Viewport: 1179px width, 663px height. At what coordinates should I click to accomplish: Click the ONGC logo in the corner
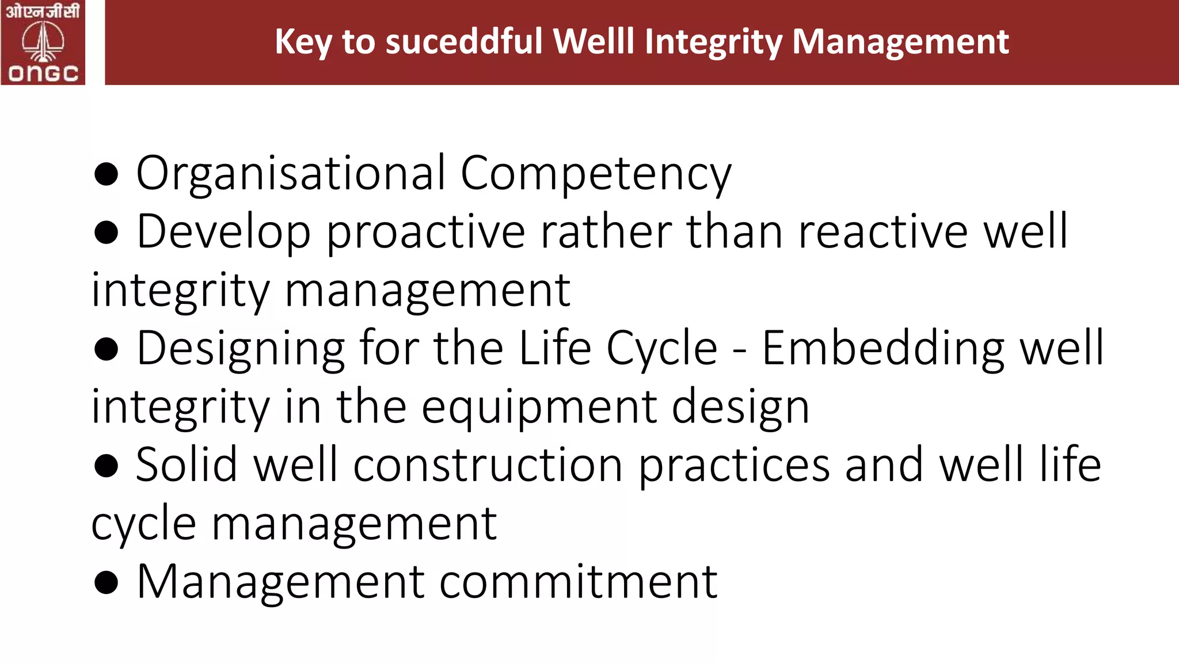click(x=43, y=43)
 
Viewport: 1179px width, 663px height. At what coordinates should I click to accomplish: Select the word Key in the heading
click(x=302, y=43)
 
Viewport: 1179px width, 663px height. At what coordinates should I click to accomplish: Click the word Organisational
click(x=291, y=173)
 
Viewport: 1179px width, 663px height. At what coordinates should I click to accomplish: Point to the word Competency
click(x=596, y=173)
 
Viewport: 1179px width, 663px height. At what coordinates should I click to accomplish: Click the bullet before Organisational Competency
click(x=106, y=174)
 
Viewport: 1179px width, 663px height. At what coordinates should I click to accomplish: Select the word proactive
click(x=426, y=231)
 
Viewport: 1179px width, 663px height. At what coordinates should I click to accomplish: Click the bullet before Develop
click(x=106, y=233)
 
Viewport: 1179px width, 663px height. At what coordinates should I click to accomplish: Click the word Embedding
click(x=883, y=348)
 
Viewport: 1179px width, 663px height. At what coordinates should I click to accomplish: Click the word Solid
click(x=187, y=464)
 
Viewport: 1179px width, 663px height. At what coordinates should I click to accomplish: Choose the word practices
click(x=735, y=464)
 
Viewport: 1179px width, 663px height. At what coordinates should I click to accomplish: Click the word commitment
click(x=579, y=581)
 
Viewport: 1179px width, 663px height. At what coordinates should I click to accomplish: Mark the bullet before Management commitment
click(x=106, y=583)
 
